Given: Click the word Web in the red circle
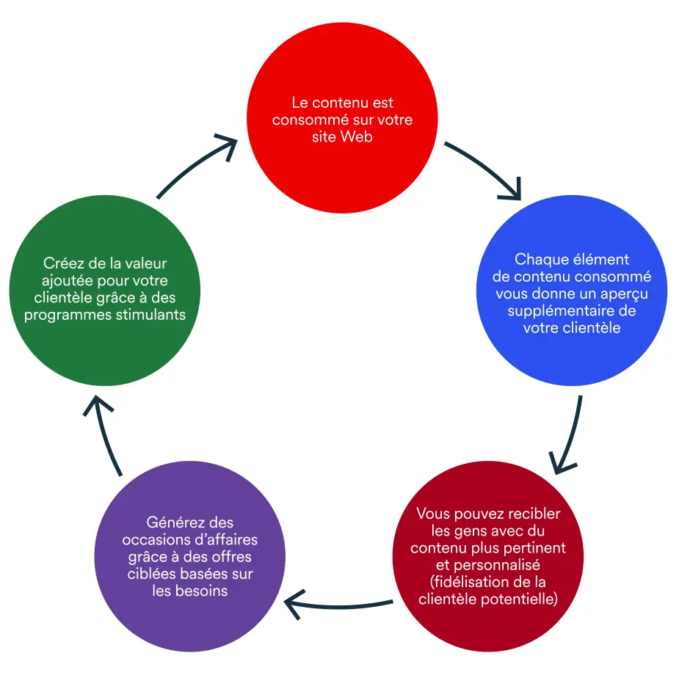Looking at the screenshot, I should click(x=357, y=136).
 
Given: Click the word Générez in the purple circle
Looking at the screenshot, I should click(x=172, y=523).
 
